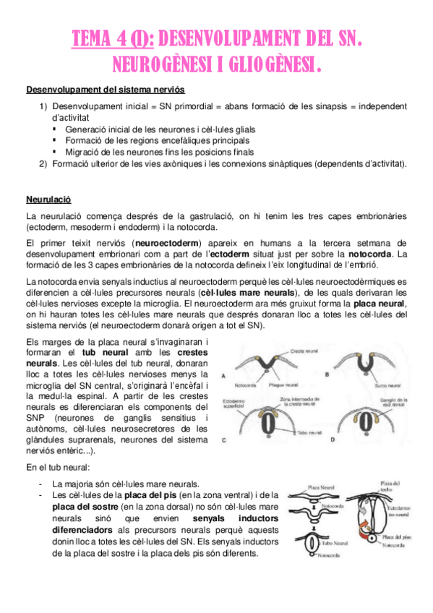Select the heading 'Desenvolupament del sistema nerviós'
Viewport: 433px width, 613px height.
tap(105, 90)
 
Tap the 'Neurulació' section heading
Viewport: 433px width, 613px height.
tap(47, 198)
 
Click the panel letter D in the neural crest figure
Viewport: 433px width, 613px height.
tap(332, 440)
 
